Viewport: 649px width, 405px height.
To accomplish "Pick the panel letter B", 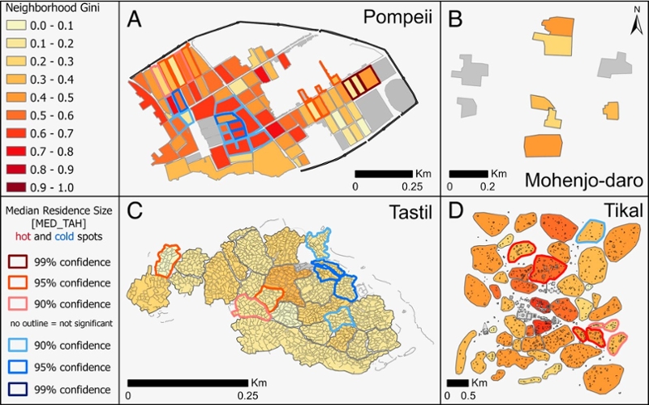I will click(457, 19).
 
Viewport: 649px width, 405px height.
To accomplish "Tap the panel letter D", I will click(457, 213).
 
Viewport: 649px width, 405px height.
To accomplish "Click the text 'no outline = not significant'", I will click(60, 324).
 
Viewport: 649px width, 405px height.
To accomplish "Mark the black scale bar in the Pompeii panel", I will click(384, 173).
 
